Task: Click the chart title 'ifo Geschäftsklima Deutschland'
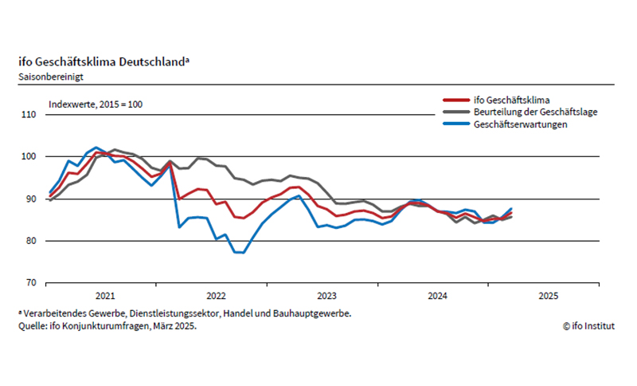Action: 103,63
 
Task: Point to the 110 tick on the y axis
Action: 29,115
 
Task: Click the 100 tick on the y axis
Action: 29,157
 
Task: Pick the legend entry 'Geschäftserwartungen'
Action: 519,126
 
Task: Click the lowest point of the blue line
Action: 240,253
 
